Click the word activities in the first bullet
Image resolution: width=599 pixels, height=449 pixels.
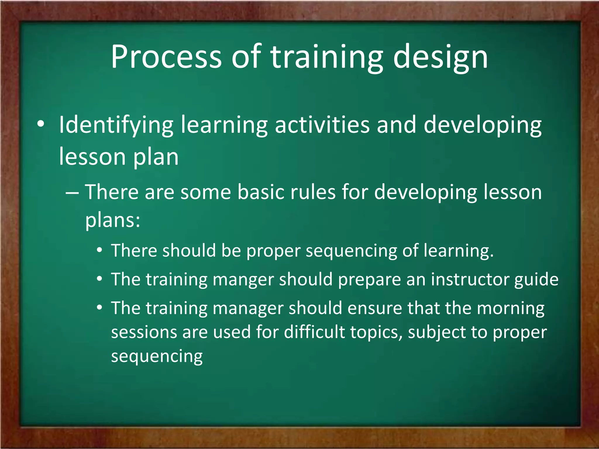pyautogui.click(x=322, y=125)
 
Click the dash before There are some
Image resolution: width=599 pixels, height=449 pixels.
pyautogui.click(x=72, y=193)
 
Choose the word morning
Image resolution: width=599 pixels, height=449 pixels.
pyautogui.click(x=510, y=308)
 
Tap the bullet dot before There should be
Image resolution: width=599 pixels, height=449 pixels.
pyautogui.click(x=100, y=250)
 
